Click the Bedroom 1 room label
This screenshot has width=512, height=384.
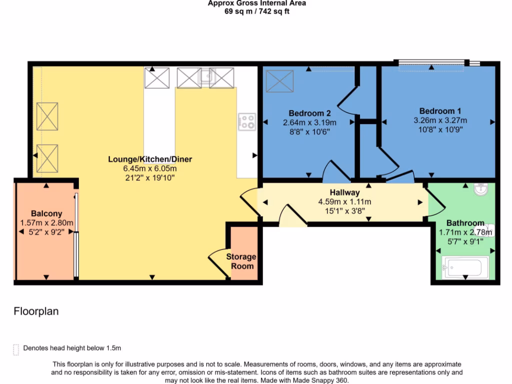440,111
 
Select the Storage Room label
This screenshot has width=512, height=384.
241,261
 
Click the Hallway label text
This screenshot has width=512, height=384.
344,192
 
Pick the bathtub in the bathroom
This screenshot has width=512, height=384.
465,267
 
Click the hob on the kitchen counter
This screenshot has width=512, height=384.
247,121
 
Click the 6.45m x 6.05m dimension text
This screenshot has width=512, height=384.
150,168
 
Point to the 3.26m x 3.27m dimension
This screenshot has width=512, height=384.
440,120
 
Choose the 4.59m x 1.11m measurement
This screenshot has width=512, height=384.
344,202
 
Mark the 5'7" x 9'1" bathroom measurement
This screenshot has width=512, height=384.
465,241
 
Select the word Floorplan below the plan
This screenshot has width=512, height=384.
36,311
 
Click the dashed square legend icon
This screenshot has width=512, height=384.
16,348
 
